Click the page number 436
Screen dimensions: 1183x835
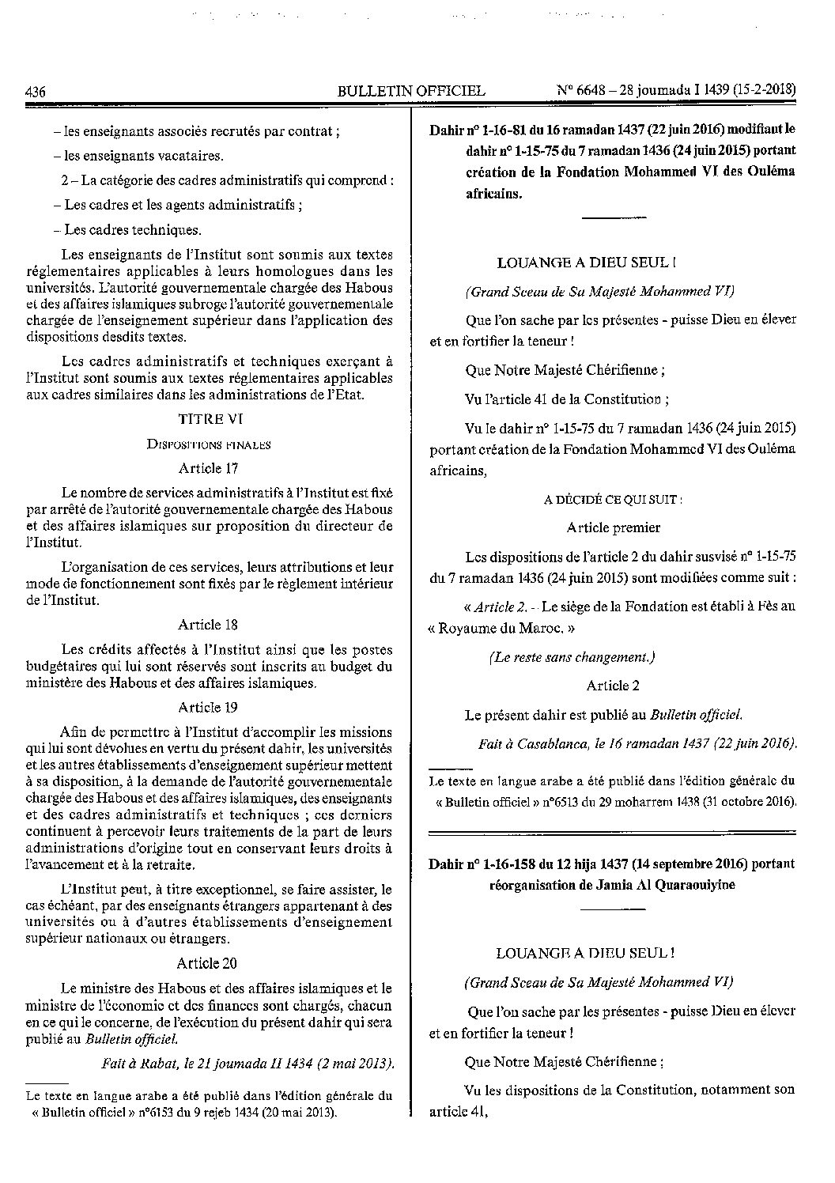36,91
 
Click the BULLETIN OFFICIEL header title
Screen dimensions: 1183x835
411,91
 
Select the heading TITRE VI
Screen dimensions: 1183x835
208,421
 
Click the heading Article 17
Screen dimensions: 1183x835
208,468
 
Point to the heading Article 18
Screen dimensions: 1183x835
208,625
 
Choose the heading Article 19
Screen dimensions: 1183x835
208,707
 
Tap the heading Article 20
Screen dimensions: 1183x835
208,963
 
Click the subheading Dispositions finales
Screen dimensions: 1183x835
209,444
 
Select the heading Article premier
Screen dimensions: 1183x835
613,527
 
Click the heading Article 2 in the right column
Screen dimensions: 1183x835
613,686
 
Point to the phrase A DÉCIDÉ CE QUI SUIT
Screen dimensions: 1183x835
613,500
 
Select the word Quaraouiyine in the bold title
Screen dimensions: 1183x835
697,884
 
